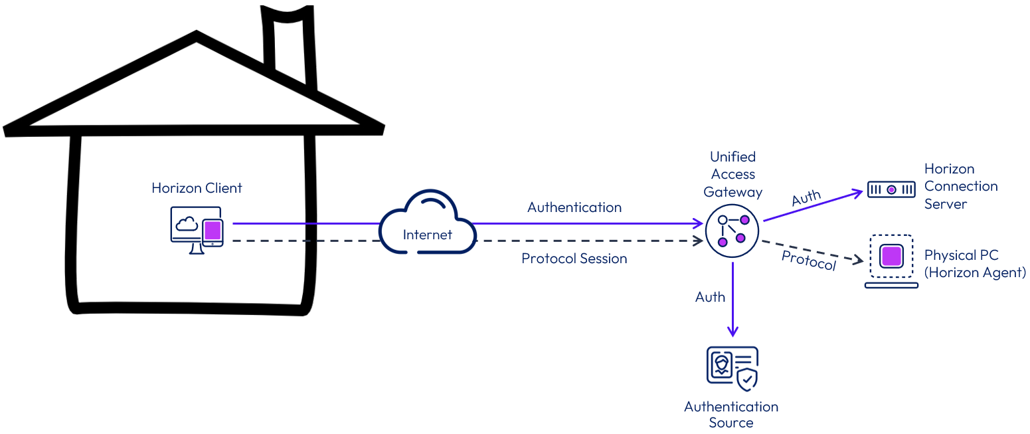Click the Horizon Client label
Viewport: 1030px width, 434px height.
(x=197, y=188)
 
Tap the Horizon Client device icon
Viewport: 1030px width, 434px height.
(x=197, y=230)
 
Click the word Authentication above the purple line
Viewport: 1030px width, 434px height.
(x=574, y=207)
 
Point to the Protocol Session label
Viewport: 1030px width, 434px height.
(x=574, y=259)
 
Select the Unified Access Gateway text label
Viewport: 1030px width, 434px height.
(x=732, y=174)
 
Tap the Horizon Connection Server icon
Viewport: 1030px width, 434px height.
(x=891, y=190)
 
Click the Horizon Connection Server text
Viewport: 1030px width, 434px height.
(x=960, y=186)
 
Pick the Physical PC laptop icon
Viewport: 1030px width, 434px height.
(x=891, y=261)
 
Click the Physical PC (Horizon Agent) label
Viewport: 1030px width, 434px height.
(x=974, y=264)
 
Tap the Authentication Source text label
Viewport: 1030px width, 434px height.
(x=731, y=414)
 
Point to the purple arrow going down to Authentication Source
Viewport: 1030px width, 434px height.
(x=732, y=299)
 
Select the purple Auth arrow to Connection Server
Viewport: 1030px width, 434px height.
(x=814, y=206)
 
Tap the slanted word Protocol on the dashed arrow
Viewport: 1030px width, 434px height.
(x=808, y=261)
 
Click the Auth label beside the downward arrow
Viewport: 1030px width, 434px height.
(x=710, y=297)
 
